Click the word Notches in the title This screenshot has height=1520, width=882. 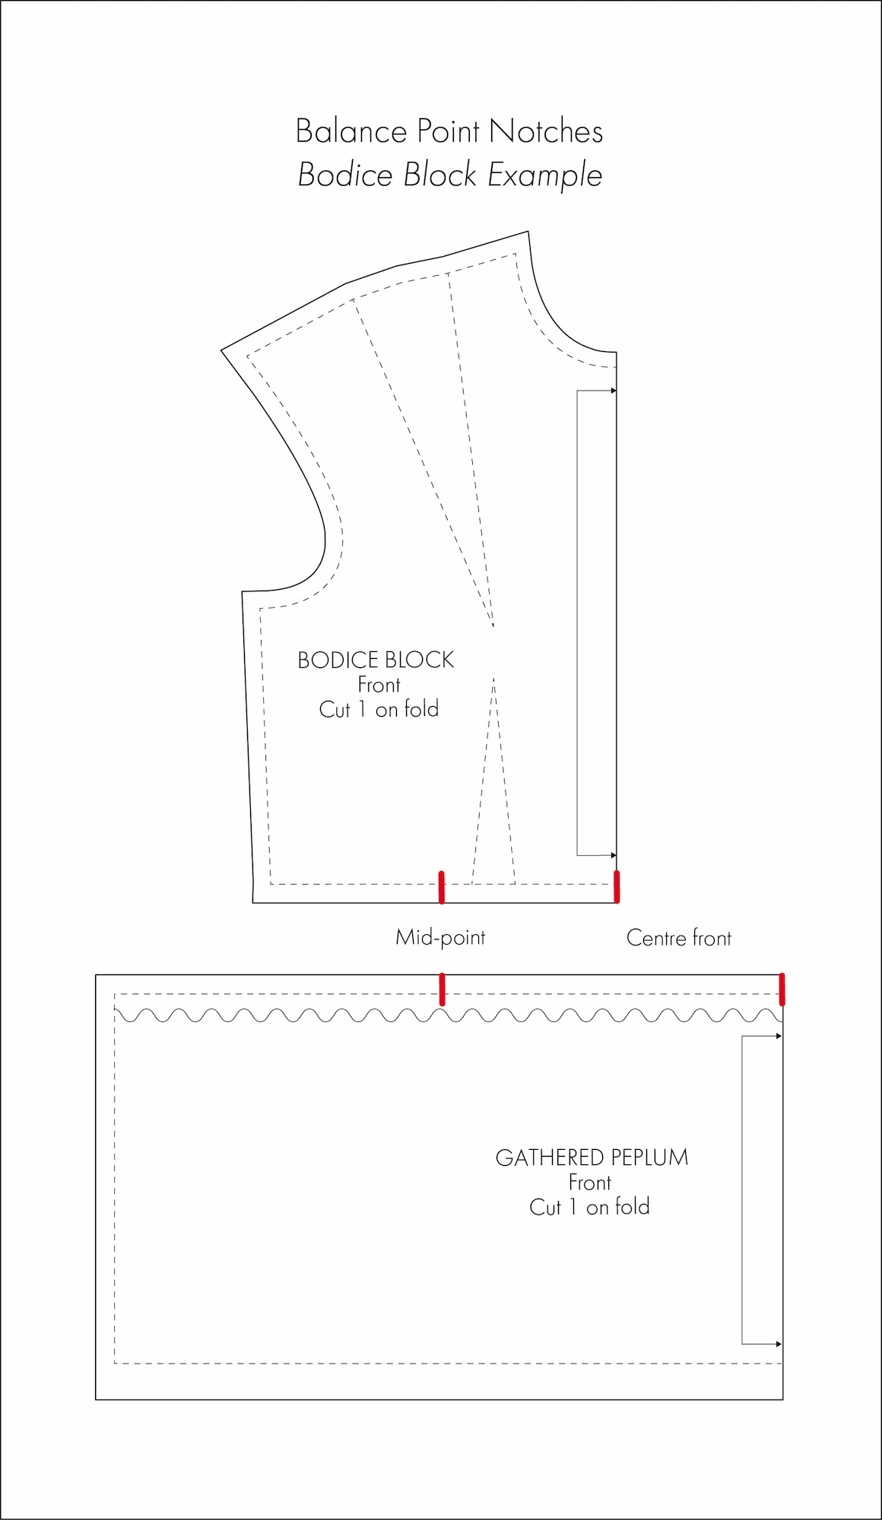546,132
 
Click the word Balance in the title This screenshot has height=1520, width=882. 351,132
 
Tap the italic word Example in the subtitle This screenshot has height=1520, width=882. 544,176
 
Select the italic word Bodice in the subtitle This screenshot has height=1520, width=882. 346,175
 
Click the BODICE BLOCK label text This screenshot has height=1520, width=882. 376,660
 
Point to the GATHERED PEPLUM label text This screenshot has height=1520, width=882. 592,1157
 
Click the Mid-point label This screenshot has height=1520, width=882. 440,937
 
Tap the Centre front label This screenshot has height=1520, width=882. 678,938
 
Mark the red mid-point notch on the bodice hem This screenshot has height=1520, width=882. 441,887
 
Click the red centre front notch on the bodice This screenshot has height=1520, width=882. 617,887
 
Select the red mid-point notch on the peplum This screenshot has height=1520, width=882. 442,989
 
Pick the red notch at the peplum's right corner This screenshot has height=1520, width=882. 782,989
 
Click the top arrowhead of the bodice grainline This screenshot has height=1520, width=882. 613,391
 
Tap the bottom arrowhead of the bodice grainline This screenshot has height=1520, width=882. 613,856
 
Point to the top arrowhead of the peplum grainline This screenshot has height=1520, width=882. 779,1036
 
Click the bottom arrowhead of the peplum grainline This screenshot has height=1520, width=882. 779,1344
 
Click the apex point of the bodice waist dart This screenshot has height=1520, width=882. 493,678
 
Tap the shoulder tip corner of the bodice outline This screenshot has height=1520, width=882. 222,350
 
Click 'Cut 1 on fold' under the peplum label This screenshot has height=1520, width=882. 589,1207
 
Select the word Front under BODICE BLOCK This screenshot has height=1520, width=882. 379,685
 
